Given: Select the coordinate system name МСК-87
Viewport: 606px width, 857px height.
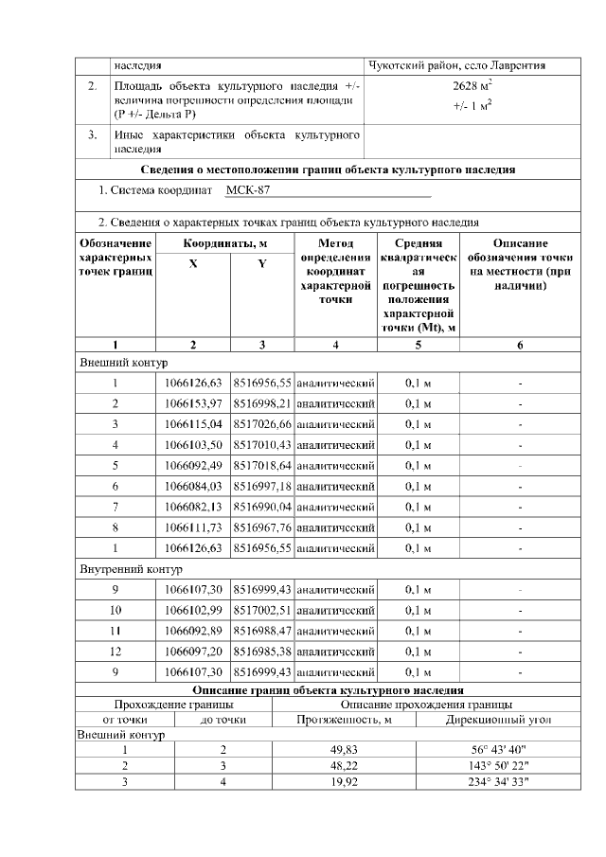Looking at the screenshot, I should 248,190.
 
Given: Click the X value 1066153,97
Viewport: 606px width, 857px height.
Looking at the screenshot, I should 193,403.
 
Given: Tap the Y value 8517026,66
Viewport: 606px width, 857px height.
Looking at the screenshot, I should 262,424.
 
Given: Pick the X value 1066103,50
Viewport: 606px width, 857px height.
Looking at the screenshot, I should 193,445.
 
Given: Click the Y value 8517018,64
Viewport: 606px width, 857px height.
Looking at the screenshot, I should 262,465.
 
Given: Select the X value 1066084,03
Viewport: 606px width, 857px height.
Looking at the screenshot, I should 193,486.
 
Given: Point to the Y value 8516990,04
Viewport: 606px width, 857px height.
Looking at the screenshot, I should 262,507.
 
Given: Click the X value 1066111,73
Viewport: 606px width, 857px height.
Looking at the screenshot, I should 193,527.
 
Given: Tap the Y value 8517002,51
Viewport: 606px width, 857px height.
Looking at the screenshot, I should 262,610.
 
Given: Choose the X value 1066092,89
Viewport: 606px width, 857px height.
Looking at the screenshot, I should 193,631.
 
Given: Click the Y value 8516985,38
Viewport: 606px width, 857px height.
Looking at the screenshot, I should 262,652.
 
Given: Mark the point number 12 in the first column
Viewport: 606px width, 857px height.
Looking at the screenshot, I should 115,652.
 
